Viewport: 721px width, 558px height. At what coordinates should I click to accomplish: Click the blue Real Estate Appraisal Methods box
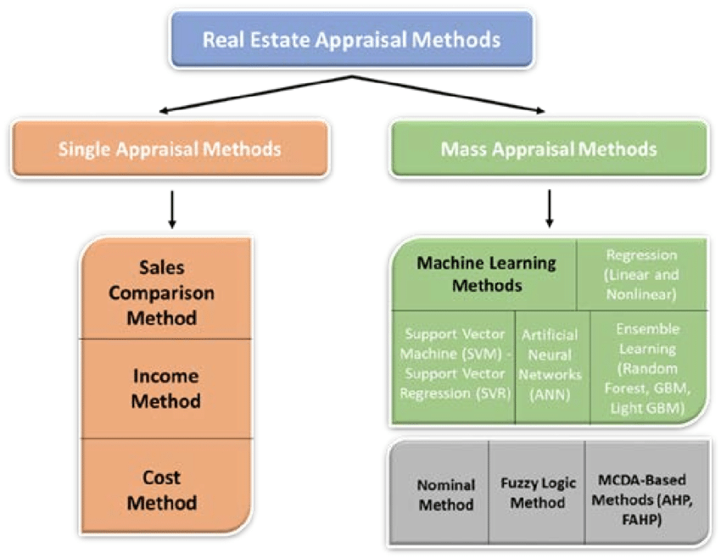tap(351, 39)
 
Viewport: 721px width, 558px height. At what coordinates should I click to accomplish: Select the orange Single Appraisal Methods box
tap(170, 149)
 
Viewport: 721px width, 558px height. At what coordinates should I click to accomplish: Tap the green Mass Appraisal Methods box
tap(549, 149)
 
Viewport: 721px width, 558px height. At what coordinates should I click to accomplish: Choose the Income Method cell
tap(166, 388)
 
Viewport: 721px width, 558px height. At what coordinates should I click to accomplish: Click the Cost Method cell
tap(166, 490)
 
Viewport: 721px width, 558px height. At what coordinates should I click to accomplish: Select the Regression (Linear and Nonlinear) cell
tap(641, 274)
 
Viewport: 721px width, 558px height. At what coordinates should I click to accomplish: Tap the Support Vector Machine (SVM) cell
tap(453, 363)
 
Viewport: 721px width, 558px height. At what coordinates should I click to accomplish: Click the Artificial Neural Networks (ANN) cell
tap(551, 363)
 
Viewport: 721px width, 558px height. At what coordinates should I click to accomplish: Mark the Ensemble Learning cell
tap(646, 363)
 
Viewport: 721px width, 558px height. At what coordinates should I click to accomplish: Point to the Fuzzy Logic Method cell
tap(537, 493)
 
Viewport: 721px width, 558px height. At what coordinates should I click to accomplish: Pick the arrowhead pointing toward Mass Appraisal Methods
tap(539, 109)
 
